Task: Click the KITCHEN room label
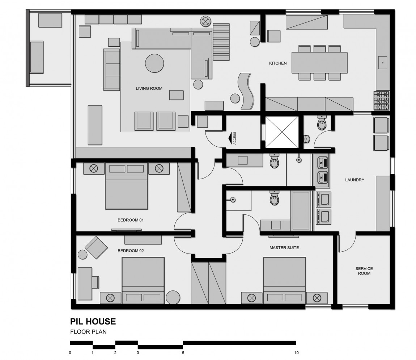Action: click(277, 63)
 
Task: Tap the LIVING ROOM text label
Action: click(149, 88)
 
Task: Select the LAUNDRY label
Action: click(355, 180)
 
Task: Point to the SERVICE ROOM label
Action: click(364, 271)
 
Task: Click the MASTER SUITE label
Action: click(284, 248)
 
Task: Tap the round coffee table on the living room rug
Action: click(154, 63)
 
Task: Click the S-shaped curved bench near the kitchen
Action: click(247, 91)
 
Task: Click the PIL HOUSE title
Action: click(93, 321)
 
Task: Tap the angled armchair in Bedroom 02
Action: click(96, 247)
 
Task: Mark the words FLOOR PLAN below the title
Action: click(88, 331)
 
